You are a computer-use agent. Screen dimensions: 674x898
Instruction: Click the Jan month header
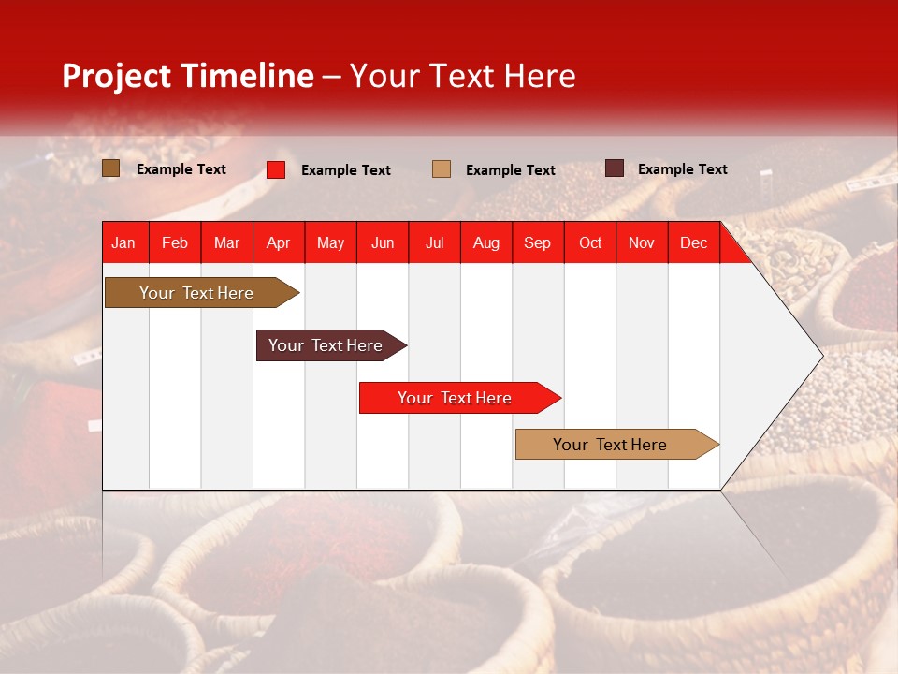(x=123, y=243)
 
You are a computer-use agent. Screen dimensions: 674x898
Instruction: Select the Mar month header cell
(x=226, y=243)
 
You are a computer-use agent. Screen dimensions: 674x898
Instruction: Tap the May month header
(x=330, y=243)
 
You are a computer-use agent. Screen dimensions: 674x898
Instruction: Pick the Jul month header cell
(x=434, y=243)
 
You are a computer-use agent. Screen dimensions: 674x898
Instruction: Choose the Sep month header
(x=537, y=243)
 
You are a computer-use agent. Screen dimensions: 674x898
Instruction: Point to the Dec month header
(x=693, y=243)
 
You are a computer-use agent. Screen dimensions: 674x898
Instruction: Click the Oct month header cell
(x=590, y=243)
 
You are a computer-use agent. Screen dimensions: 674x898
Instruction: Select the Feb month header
(x=175, y=243)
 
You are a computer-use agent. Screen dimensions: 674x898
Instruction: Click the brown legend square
(x=111, y=168)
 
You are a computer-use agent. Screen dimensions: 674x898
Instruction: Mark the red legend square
(x=276, y=169)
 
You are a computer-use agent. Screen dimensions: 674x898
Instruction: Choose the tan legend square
(x=442, y=168)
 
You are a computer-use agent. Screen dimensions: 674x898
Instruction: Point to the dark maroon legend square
(x=614, y=168)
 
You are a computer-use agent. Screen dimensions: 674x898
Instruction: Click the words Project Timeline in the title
(x=187, y=76)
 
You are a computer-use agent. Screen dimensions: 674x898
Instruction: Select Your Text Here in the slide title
(x=462, y=76)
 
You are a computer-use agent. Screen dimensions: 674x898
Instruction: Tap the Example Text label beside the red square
(x=345, y=170)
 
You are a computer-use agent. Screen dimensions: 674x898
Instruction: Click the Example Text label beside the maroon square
(x=682, y=169)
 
